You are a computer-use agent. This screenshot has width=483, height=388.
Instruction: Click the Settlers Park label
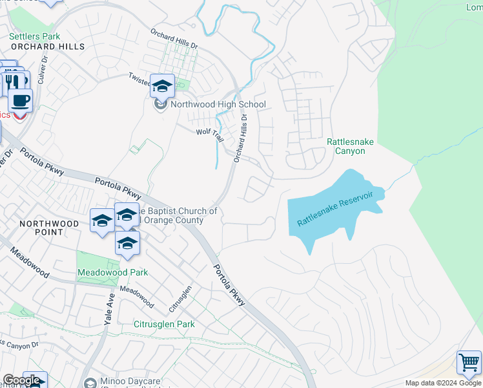[x=34, y=37]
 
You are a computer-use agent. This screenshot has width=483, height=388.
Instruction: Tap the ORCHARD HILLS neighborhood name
[x=47, y=47]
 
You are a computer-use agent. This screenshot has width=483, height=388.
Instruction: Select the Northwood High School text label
[x=218, y=104]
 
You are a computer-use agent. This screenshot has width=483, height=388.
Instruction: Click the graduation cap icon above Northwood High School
[x=162, y=86]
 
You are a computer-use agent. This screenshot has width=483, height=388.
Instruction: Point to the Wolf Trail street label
[x=209, y=132]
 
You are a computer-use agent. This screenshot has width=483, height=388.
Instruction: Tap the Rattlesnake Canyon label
[x=350, y=146]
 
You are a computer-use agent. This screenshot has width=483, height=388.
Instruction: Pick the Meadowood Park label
[x=112, y=272]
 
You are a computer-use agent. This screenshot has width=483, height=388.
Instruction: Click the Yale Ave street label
[x=110, y=308]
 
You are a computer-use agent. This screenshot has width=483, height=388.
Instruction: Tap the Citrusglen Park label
[x=163, y=324]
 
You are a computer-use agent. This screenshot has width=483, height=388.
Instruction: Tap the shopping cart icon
[x=469, y=363]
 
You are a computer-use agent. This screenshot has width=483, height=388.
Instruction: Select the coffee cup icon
[x=20, y=100]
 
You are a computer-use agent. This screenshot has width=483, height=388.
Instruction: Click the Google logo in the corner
[x=21, y=380]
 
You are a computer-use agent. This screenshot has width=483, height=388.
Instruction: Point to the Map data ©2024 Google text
[x=442, y=383]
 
